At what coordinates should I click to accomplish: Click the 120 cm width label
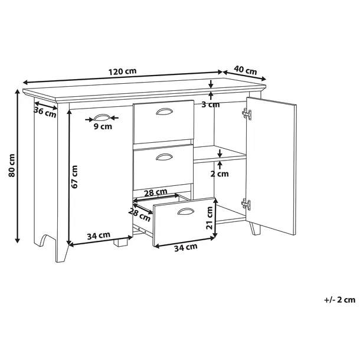click(x=122, y=71)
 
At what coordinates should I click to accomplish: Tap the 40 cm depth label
click(x=245, y=70)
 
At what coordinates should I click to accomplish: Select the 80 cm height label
click(x=11, y=165)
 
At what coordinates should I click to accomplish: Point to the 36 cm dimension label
click(x=45, y=112)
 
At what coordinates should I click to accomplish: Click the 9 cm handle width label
click(x=103, y=126)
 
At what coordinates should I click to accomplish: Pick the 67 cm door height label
click(x=74, y=177)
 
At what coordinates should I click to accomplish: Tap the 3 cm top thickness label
click(x=211, y=104)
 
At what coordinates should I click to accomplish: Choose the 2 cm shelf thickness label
click(x=220, y=174)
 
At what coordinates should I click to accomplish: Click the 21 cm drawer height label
click(x=210, y=218)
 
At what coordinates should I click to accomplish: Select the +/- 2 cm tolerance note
click(x=339, y=300)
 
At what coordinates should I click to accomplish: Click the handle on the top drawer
click(x=164, y=112)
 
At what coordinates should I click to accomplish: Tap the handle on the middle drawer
click(x=164, y=157)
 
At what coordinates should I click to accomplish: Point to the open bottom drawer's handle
click(x=186, y=211)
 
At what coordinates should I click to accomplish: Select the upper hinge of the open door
click(x=247, y=114)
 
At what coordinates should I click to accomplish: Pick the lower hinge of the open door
click(x=246, y=204)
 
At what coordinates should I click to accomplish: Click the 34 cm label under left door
click(x=99, y=235)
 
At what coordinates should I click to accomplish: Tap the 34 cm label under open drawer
click(x=186, y=247)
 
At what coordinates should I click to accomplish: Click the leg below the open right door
click(x=255, y=228)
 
